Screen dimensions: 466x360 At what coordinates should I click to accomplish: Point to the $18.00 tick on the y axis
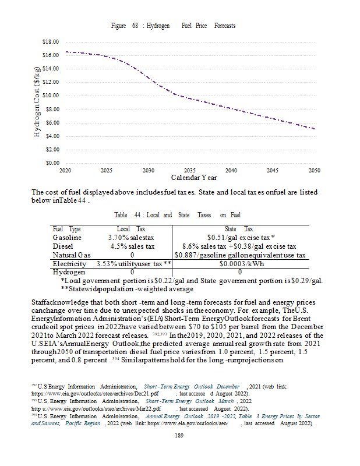tap(51, 42)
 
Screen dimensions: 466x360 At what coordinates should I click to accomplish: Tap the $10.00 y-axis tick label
tap(51, 96)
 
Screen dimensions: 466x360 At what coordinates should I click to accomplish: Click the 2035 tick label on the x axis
tap(190, 170)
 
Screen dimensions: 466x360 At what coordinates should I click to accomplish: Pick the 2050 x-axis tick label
tap(315, 170)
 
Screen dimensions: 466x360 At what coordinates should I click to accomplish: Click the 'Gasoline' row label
tap(68, 238)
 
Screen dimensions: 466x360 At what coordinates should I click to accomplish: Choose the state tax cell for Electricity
tap(240, 263)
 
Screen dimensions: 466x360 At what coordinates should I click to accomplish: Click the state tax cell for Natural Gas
tap(240, 255)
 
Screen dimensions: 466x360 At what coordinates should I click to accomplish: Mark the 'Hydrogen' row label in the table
tap(69, 271)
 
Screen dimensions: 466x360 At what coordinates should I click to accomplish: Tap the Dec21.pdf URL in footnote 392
tap(95, 394)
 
